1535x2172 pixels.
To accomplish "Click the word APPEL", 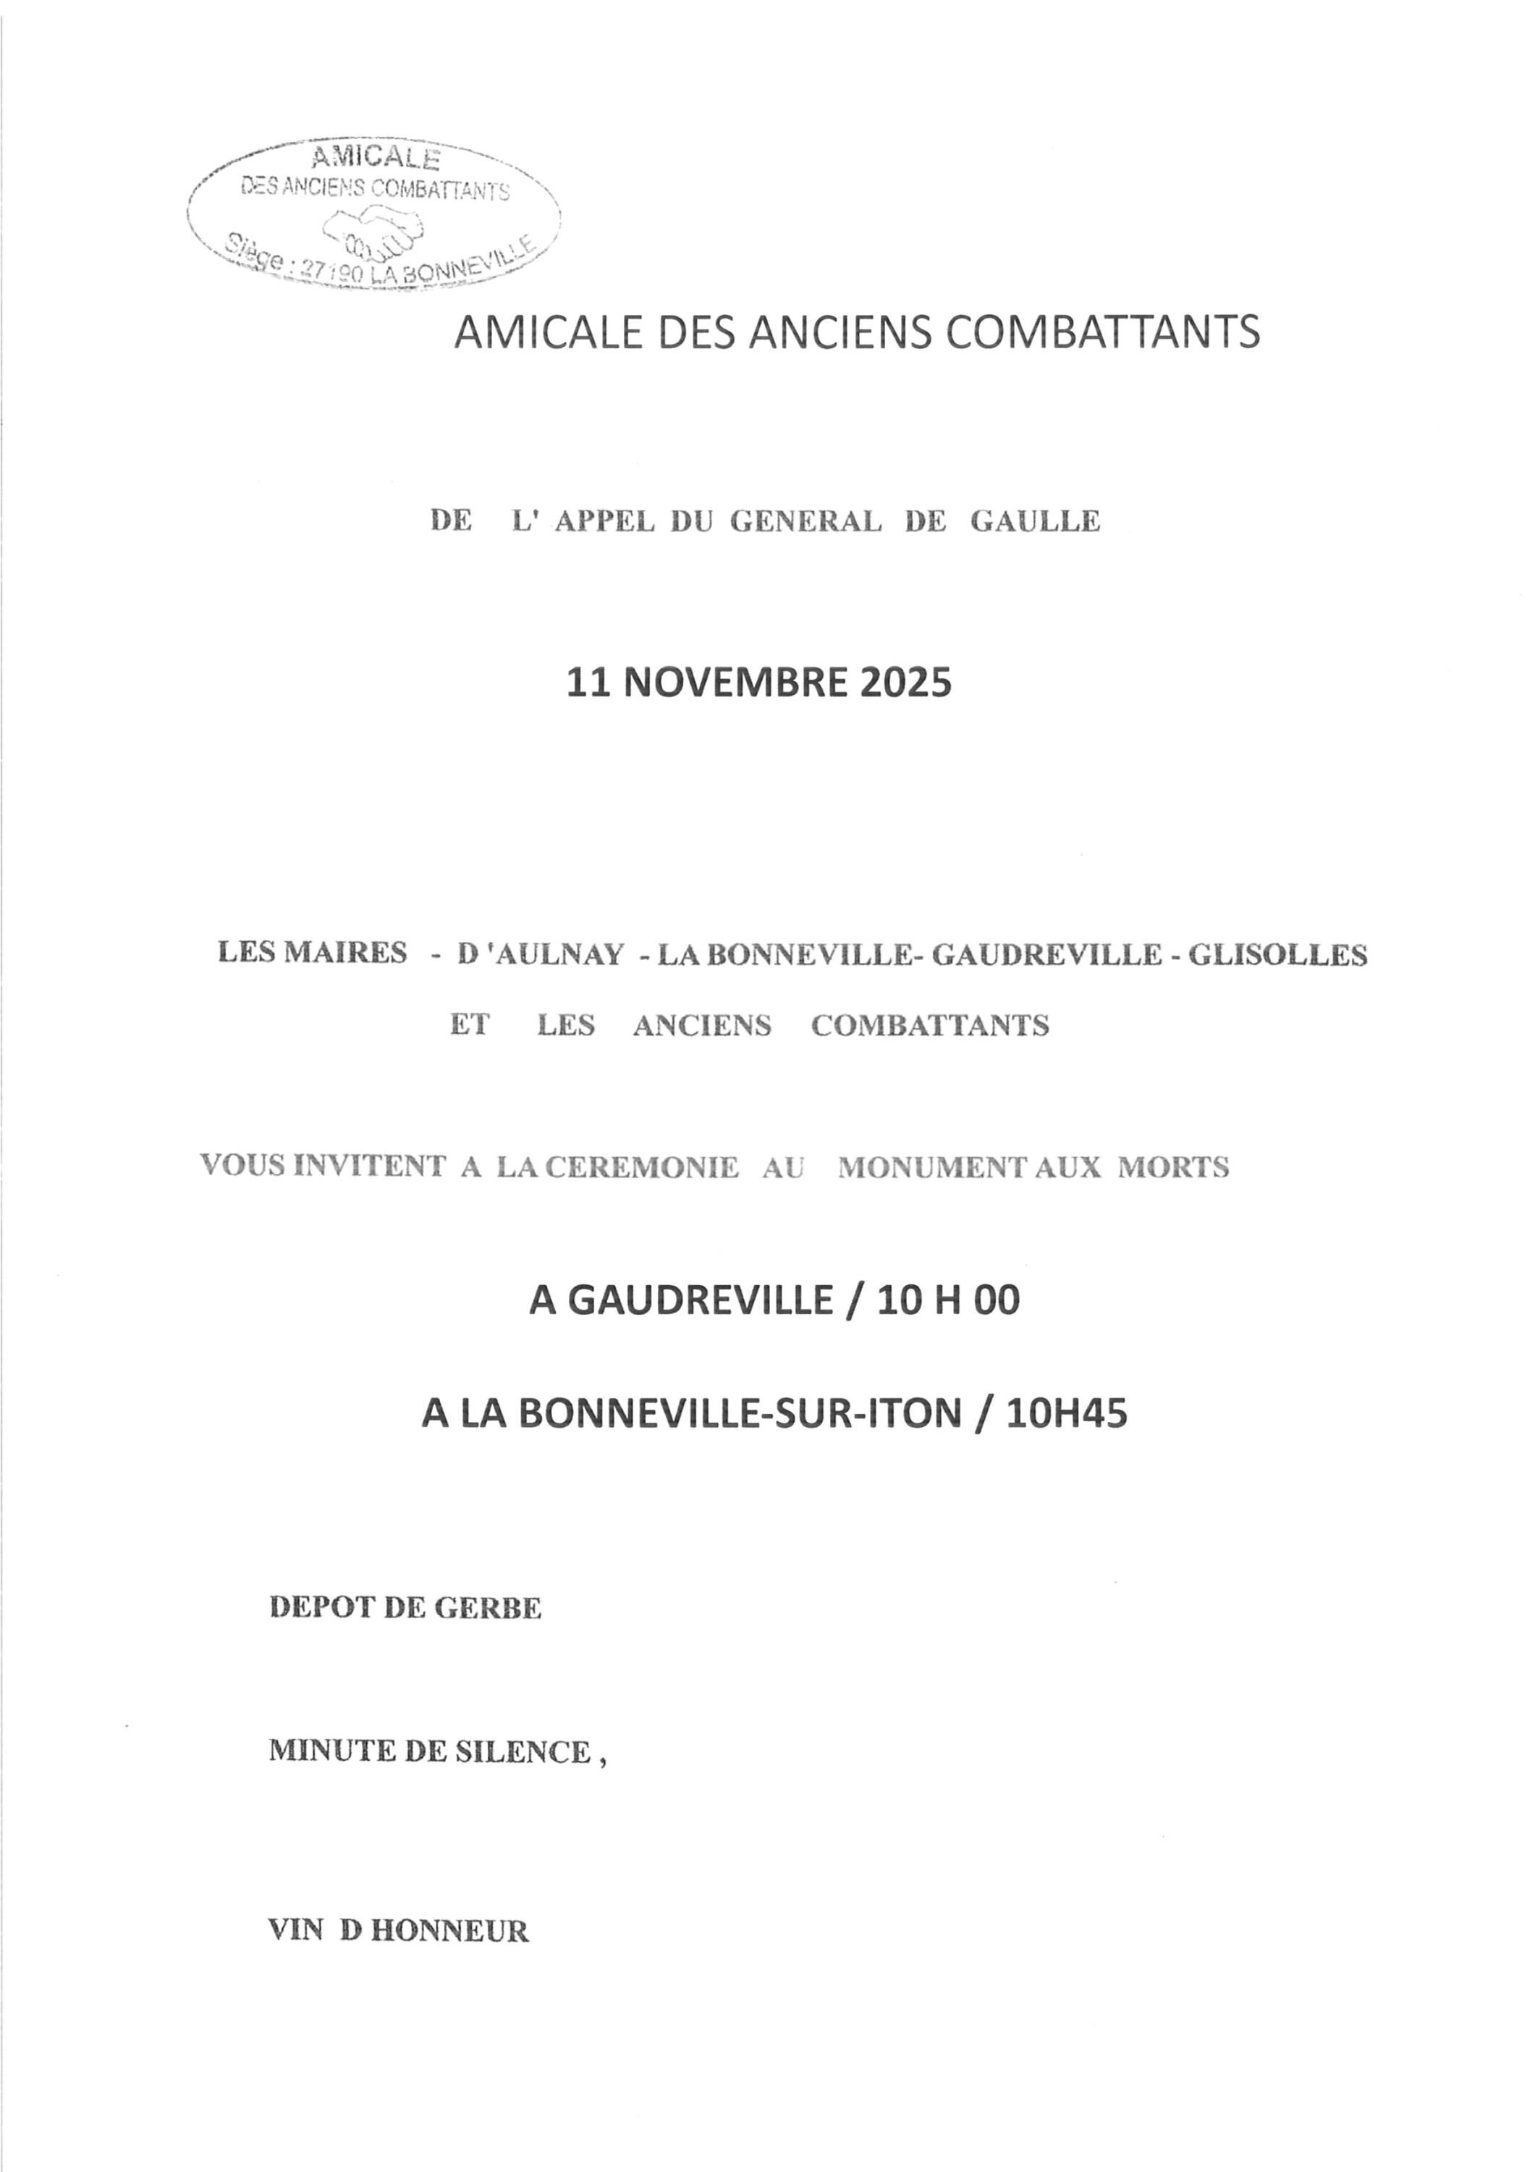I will click(604, 521).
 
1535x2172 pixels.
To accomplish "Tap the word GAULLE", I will click(1035, 521).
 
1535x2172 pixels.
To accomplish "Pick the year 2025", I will click(905, 683).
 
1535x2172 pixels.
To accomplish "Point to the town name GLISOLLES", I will click(1277, 956).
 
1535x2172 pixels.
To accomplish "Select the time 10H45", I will click(1067, 1413).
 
